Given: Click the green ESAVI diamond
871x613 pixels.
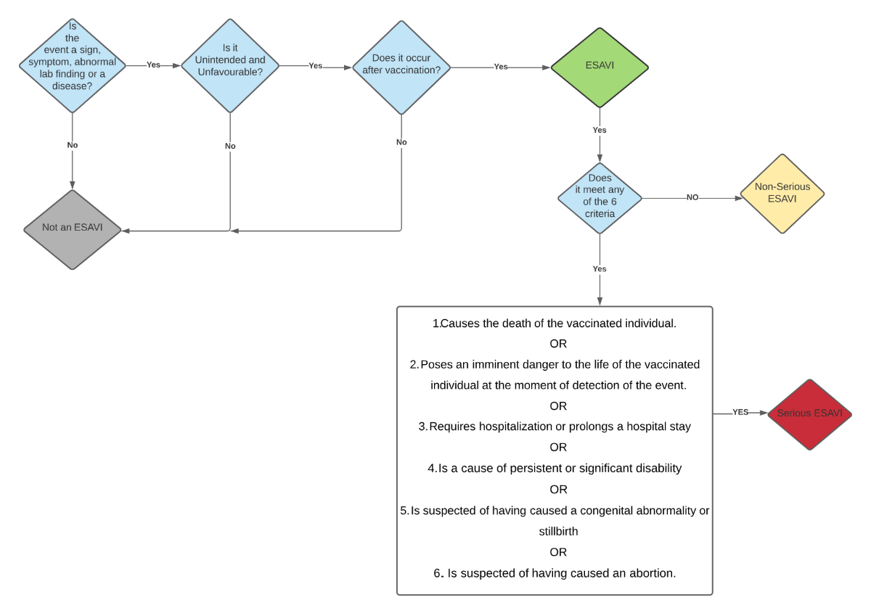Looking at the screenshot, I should coord(599,67).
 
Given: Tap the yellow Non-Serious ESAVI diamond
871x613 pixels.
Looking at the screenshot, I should coord(782,193).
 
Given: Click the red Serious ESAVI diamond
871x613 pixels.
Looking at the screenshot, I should coord(809,414).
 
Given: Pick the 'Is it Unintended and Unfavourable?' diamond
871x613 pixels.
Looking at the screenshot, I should coord(230,66).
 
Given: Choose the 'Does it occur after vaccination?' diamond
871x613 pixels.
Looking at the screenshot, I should coord(401,67).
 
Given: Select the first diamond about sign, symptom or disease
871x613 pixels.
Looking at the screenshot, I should coord(72,66).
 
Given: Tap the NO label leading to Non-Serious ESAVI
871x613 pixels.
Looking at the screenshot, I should coord(692,197).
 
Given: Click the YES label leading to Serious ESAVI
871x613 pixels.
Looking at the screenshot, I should coord(740,412).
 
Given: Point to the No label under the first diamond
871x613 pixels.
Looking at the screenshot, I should coord(73,145).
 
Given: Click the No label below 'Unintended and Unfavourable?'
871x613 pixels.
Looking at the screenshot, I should coord(230,146).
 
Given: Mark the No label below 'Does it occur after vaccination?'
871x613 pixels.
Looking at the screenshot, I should coord(401,142).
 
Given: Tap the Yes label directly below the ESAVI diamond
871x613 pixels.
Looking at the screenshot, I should coord(600,130).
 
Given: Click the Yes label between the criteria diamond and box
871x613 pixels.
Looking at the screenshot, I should coord(600,268).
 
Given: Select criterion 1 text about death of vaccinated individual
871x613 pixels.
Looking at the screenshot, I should coord(555,324).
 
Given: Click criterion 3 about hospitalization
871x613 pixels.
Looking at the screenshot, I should coord(555,427).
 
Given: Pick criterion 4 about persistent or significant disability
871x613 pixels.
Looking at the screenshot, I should coord(555,469).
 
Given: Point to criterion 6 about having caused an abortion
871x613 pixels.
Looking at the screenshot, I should coord(555,573).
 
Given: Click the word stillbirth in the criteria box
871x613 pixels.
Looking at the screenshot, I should coord(558,531).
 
